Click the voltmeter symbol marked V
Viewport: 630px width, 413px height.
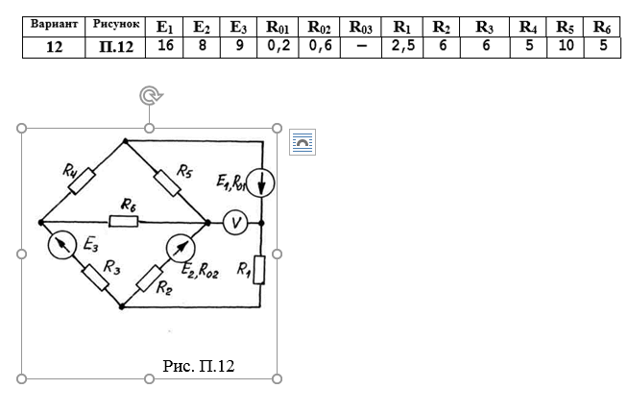click(235, 222)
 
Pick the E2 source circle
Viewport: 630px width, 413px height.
click(180, 248)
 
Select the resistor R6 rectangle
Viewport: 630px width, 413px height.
click(123, 222)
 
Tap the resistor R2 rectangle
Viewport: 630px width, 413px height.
click(149, 279)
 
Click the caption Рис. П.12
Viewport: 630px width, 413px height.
click(199, 365)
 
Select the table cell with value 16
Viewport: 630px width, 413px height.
click(165, 45)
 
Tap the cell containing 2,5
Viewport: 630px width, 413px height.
click(404, 45)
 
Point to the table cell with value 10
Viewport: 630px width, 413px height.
click(565, 45)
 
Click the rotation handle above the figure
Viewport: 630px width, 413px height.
click(149, 95)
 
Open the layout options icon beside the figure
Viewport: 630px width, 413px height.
click(303, 142)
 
